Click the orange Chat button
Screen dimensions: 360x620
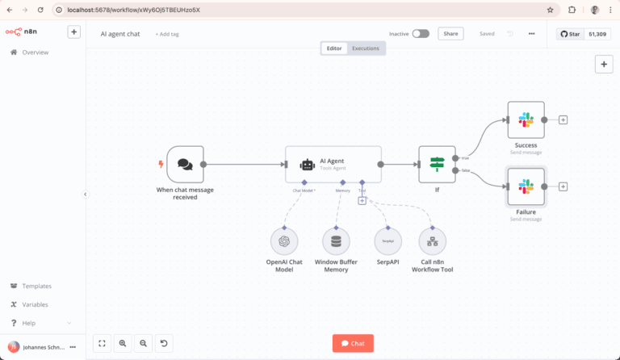tap(353, 343)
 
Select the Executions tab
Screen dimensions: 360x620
tap(365, 48)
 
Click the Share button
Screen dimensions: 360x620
tap(450, 34)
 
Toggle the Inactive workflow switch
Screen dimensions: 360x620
tap(421, 34)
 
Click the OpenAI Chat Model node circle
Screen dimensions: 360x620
tap(283, 241)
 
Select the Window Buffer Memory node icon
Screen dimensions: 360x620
tap(336, 241)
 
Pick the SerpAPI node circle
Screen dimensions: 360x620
tap(388, 241)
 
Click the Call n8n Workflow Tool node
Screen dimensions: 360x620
tap(433, 241)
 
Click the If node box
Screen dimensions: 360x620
tap(437, 164)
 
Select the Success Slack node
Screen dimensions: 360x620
tap(526, 119)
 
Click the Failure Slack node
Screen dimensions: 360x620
tap(526, 186)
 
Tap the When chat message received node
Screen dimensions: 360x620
tap(185, 164)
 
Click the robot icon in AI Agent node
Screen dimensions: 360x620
tap(307, 165)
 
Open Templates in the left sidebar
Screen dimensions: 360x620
tap(36, 286)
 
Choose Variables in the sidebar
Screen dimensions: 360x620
tap(35, 304)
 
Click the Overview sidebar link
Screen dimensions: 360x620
tap(35, 52)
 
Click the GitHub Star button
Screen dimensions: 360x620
tap(571, 34)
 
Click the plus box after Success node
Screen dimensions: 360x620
tap(563, 119)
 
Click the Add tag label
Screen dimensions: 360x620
tap(168, 35)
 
